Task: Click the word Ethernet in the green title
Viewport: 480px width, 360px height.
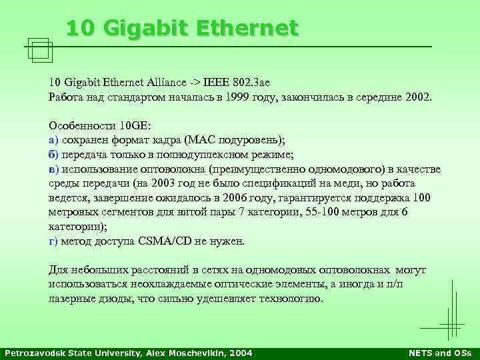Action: pos(250,29)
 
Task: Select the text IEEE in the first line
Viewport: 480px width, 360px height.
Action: pos(217,83)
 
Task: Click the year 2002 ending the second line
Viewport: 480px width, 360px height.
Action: pos(417,97)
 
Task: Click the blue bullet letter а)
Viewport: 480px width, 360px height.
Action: pos(54,139)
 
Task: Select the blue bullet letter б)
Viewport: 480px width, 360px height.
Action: pos(54,154)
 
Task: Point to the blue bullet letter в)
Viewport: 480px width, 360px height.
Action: pos(54,169)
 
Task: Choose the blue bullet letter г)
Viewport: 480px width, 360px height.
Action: pos(53,241)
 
